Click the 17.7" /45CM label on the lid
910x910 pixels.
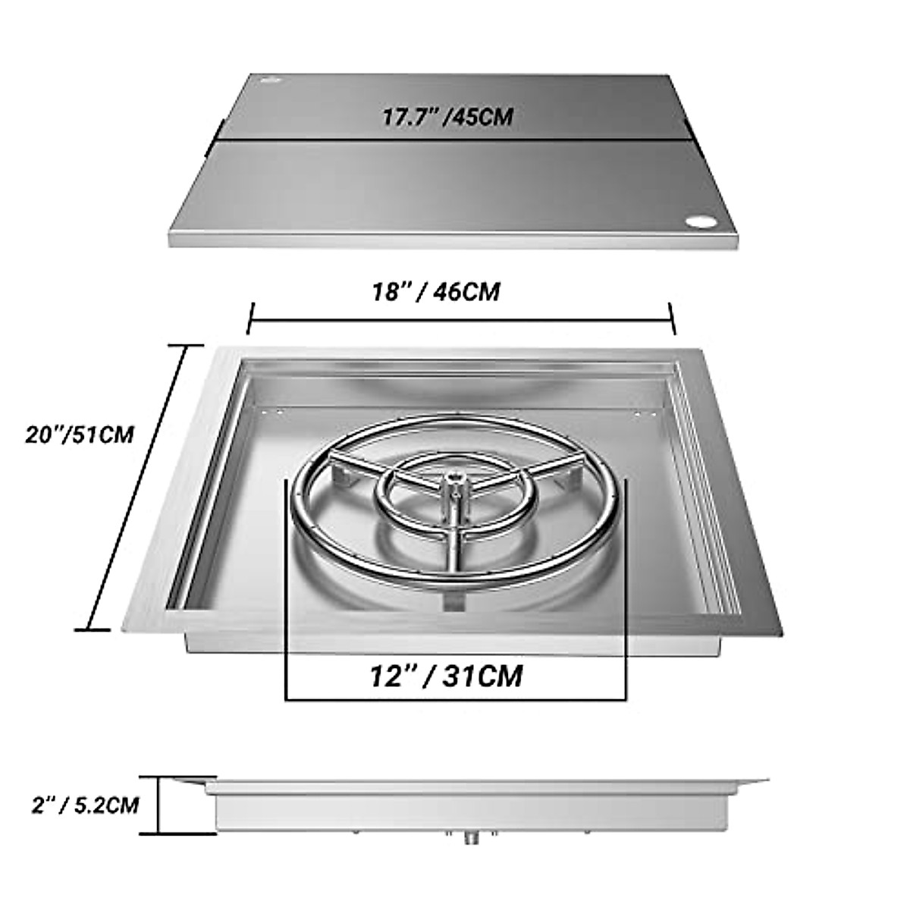[x=447, y=117]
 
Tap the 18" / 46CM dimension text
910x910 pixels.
[x=436, y=291]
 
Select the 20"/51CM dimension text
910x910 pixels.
[x=79, y=435]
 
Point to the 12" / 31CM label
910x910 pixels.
[x=447, y=675]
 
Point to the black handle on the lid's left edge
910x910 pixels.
[x=219, y=130]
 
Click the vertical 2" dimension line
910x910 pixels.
[x=159, y=805]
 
